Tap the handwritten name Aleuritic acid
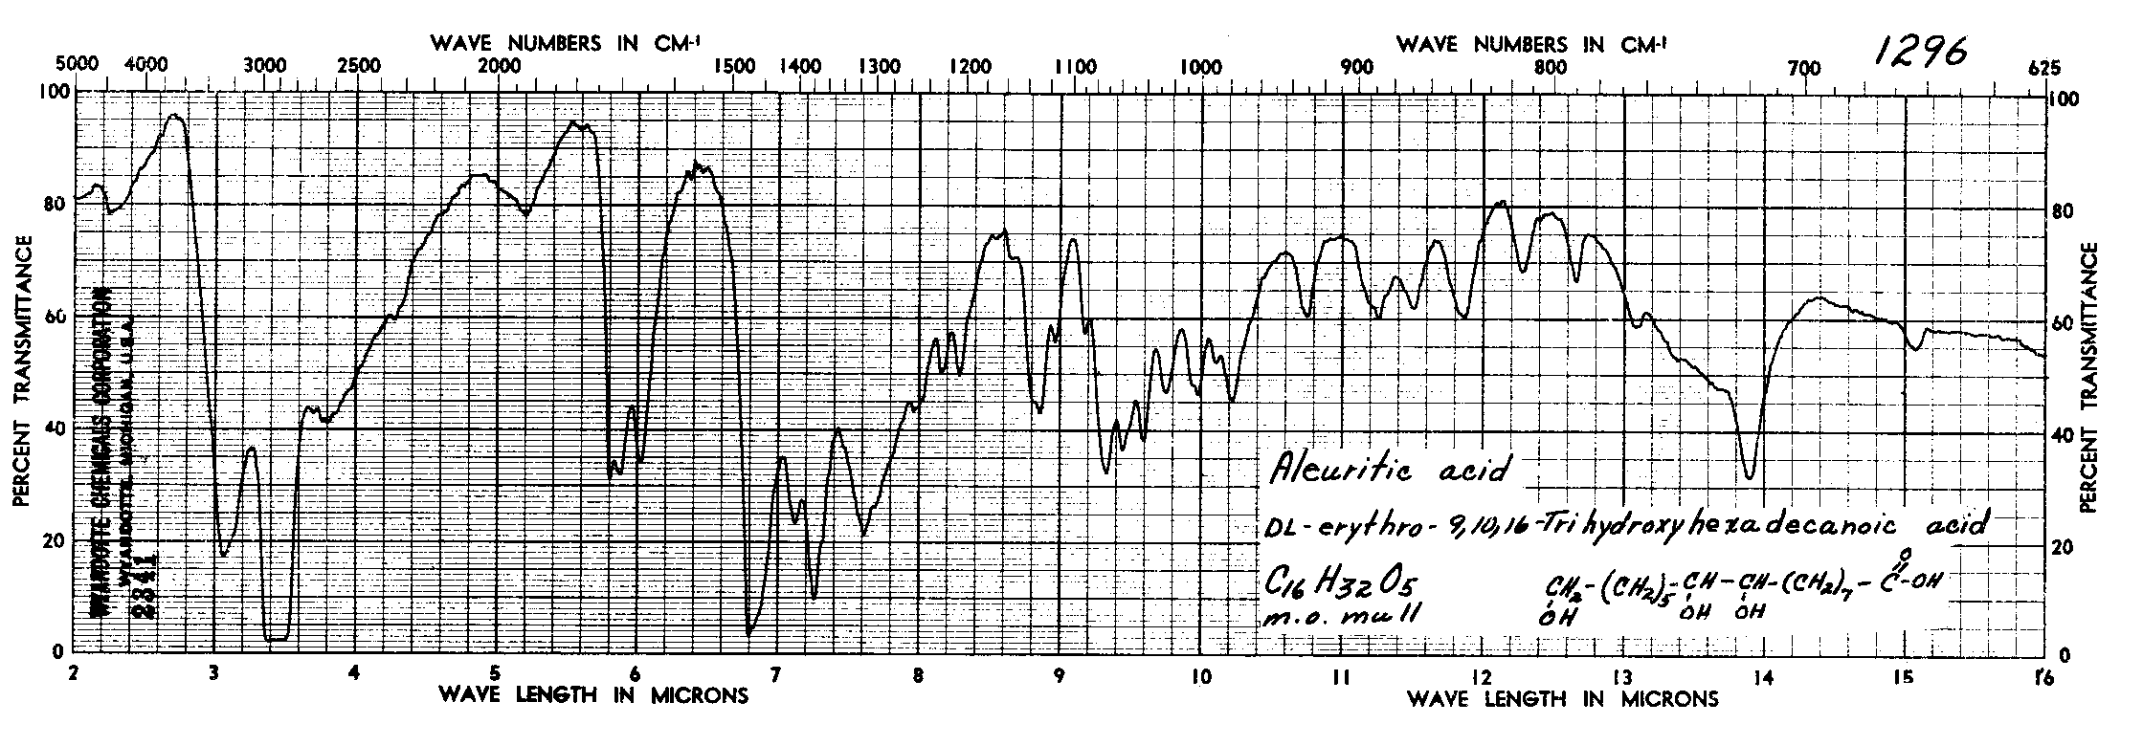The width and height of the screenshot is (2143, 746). tap(1394, 469)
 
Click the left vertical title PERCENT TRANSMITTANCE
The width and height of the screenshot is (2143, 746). tap(20, 372)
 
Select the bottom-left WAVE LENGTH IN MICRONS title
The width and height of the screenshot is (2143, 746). tap(592, 695)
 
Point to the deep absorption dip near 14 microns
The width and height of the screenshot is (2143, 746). tap(1751, 475)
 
